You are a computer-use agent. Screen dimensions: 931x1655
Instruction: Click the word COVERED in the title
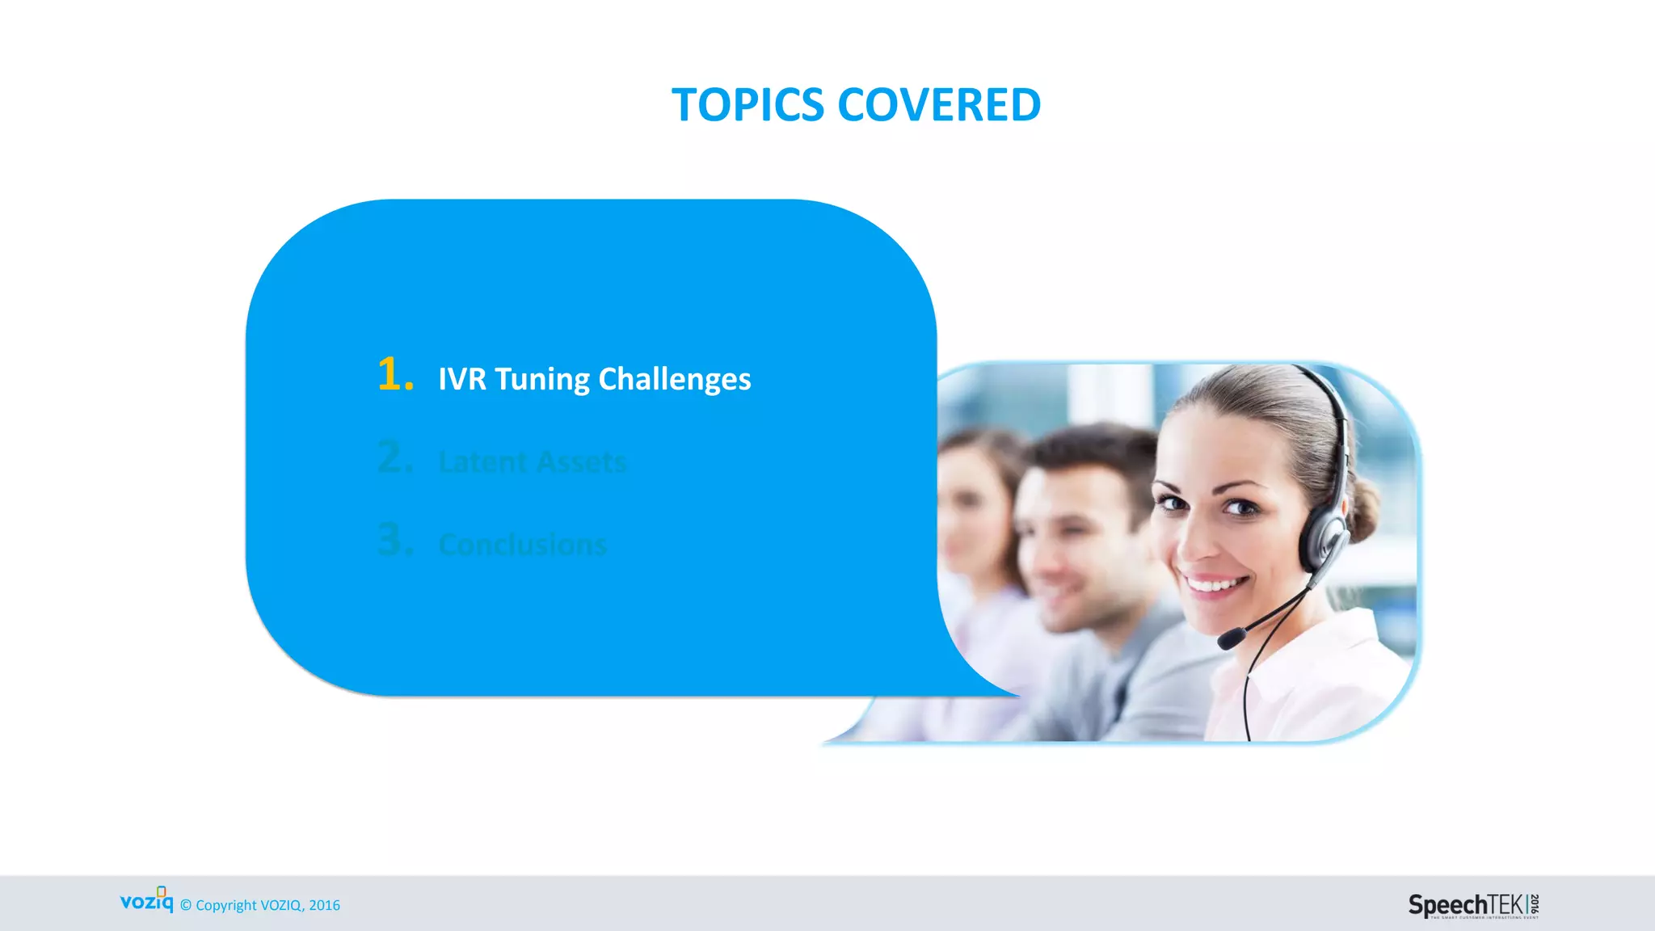coord(939,105)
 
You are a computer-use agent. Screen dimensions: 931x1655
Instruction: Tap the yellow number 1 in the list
coord(393,375)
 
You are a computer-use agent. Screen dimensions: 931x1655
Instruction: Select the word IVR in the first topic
coord(462,379)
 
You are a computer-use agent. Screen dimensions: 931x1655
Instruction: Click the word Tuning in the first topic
coord(542,379)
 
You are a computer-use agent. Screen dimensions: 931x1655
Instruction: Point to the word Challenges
coord(675,379)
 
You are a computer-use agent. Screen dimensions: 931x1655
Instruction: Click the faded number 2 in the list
coord(394,457)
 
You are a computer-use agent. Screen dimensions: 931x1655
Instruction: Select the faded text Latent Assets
coord(533,462)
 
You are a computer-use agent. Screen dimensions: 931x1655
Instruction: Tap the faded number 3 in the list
coord(394,540)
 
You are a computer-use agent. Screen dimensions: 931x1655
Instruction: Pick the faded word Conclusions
coord(522,546)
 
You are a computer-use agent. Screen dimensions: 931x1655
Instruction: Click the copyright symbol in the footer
coord(186,906)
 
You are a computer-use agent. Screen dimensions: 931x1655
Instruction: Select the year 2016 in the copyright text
coord(324,906)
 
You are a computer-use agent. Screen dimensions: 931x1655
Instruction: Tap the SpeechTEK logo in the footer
coord(1472,905)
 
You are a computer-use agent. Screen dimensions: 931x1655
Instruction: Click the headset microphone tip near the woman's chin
coord(1231,638)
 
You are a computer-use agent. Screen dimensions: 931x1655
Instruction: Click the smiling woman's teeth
coord(1215,583)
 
